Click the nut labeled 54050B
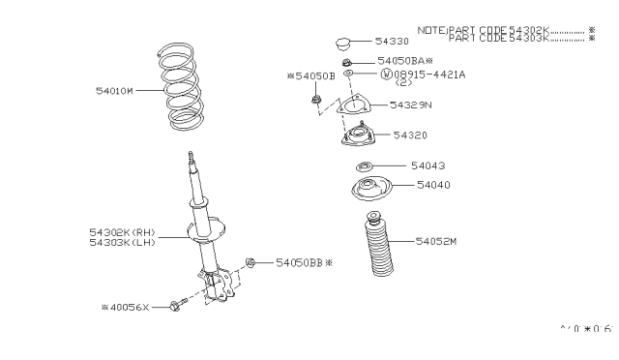point(316,100)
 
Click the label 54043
point(427,165)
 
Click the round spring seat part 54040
point(368,190)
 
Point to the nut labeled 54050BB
point(251,262)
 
